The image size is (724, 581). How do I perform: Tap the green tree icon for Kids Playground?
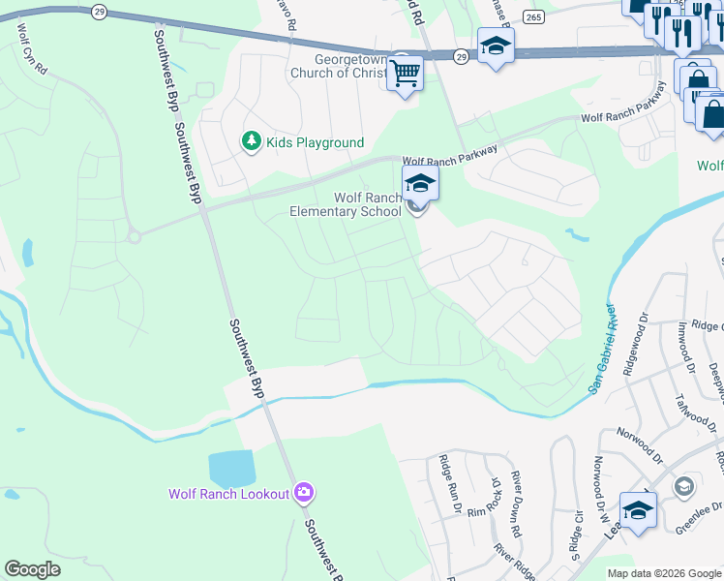coord(252,142)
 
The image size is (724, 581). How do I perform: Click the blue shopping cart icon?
coord(406,71)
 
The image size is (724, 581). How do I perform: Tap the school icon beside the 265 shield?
coord(496,46)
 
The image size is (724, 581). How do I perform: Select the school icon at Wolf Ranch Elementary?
coord(420,182)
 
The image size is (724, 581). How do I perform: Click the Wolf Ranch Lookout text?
coord(229,494)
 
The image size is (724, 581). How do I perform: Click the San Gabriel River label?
coord(603,350)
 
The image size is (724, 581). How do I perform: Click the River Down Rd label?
coord(516,505)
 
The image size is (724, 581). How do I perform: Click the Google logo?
coord(32,569)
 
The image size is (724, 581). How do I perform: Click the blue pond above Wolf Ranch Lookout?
coord(231,469)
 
